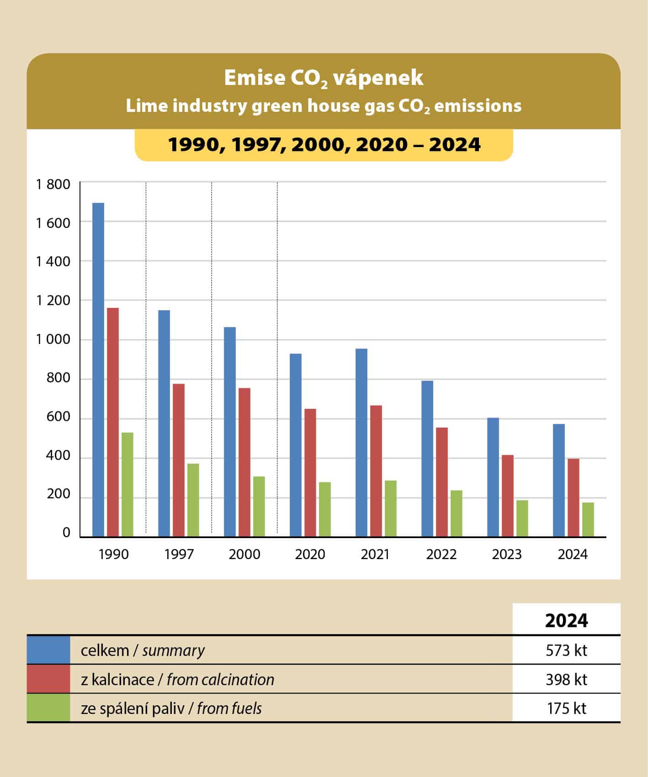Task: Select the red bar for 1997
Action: pyautogui.click(x=179, y=460)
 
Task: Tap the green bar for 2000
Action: pyautogui.click(x=259, y=506)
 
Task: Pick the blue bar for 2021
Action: pyautogui.click(x=361, y=442)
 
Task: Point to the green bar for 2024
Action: pyautogui.click(x=588, y=519)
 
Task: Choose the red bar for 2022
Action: pyautogui.click(x=442, y=481)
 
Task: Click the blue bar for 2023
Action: pyautogui.click(x=493, y=477)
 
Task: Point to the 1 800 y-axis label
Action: pyautogui.click(x=53, y=185)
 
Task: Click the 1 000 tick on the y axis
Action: pyautogui.click(x=53, y=339)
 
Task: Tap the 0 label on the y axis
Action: pyautogui.click(x=66, y=533)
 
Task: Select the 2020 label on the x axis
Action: pyautogui.click(x=310, y=554)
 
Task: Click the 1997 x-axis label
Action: pyautogui.click(x=179, y=554)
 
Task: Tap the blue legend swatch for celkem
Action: pyautogui.click(x=48, y=650)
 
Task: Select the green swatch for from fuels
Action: pyautogui.click(x=48, y=708)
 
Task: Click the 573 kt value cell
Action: pyautogui.click(x=566, y=650)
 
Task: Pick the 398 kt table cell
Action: pyautogui.click(x=566, y=679)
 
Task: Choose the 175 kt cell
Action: pyautogui.click(x=566, y=708)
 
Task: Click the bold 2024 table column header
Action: pyautogui.click(x=566, y=620)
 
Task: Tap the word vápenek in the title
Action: pyautogui.click(x=378, y=78)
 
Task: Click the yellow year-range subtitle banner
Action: pyautogui.click(x=324, y=145)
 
